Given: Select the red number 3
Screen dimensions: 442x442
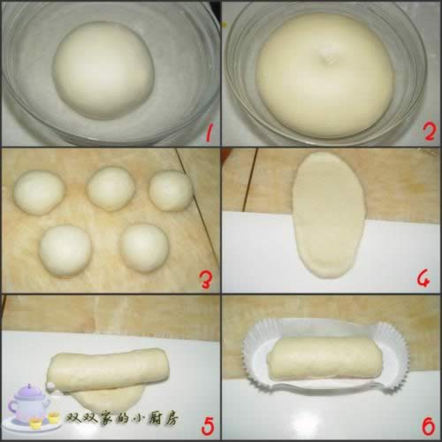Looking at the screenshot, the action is click(205, 279).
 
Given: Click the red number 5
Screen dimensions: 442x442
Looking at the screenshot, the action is click(207, 427).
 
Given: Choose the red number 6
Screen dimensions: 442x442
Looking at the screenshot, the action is click(427, 425).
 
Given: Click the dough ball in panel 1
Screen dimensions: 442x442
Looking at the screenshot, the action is click(104, 70).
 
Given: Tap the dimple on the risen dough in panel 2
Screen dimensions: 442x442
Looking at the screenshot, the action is click(327, 58).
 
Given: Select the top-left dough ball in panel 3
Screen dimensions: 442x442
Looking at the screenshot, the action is click(39, 192).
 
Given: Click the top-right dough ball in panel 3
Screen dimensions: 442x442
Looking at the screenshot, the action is click(171, 190).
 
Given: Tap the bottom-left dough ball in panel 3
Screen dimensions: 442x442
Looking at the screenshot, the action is click(65, 252).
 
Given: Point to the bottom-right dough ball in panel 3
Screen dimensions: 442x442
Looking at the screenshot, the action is click(145, 248).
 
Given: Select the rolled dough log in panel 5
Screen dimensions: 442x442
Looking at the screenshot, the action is click(110, 370).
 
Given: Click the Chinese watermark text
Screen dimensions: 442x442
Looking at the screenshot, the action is click(122, 419).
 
